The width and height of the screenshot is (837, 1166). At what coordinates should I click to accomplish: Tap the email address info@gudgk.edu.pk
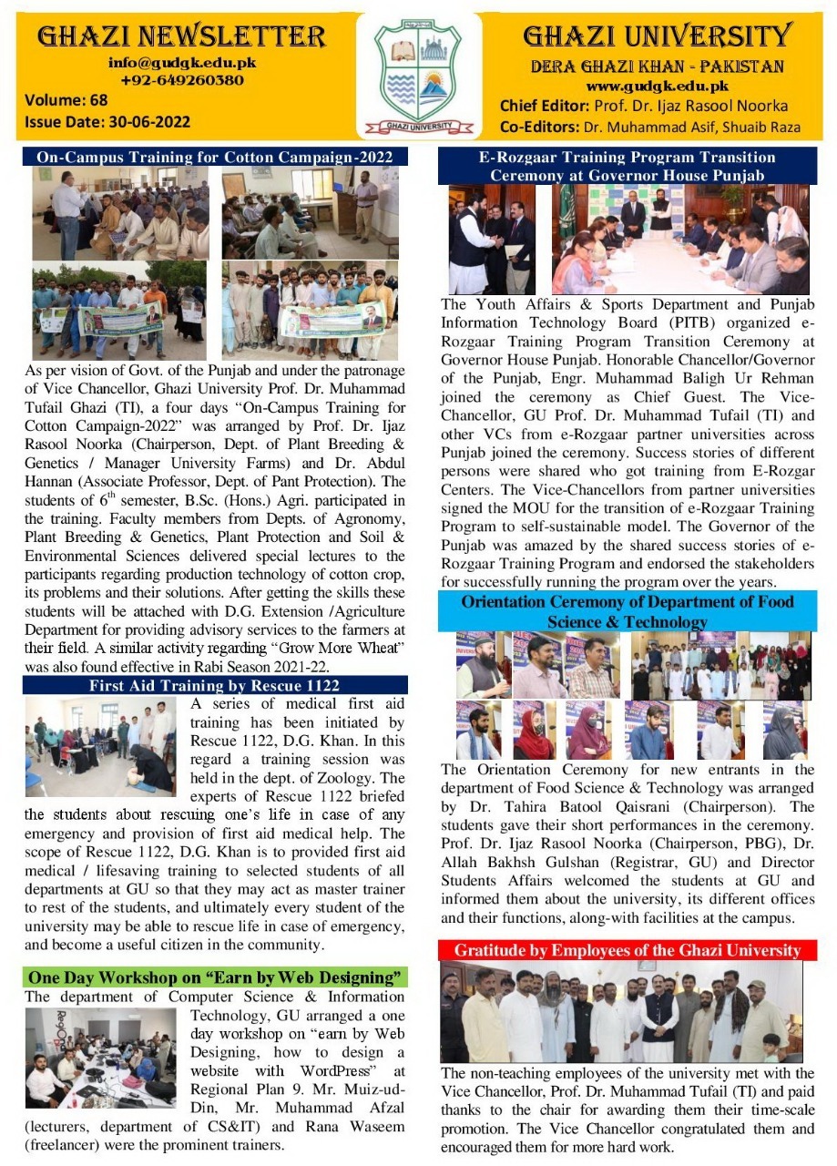coord(182,64)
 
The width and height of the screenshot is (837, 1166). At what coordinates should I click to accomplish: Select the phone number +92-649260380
coord(182,80)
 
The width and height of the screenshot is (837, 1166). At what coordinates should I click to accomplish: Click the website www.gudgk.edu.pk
coord(657,87)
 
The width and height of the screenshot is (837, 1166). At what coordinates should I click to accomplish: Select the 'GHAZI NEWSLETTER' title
coord(181,36)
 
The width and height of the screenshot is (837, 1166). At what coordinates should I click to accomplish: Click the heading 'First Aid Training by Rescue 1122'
coord(215,686)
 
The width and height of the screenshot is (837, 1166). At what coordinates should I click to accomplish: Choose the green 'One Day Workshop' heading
coord(215,977)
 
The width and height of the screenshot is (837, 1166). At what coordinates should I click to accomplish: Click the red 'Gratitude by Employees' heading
coord(628,950)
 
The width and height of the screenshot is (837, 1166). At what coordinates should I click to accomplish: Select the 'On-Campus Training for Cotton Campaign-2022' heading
coord(215,157)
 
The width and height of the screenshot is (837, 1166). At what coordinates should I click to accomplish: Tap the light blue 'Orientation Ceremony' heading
coord(628,611)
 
